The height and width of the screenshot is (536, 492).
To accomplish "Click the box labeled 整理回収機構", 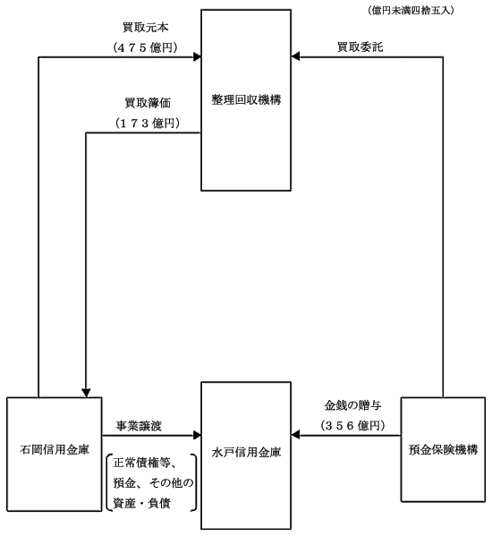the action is (x=246, y=100).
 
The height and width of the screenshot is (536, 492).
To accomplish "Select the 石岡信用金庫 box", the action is (x=55, y=454).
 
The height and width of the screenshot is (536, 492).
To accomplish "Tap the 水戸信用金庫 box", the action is (x=246, y=455).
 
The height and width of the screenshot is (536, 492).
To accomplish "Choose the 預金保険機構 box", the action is (x=443, y=449).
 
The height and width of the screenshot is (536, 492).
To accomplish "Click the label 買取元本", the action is (x=146, y=28).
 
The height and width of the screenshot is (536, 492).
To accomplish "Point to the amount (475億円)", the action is (x=146, y=47).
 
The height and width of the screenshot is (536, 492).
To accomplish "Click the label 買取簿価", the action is (x=148, y=103).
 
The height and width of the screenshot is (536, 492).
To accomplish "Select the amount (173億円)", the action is (x=148, y=123).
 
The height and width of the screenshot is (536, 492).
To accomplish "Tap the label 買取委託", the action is (x=361, y=47).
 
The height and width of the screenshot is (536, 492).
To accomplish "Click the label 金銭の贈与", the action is (x=352, y=405).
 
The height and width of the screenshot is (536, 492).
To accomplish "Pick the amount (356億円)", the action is (x=353, y=426).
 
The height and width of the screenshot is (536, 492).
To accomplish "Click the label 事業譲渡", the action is (x=139, y=426).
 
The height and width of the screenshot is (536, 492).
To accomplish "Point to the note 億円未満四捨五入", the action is (x=411, y=11).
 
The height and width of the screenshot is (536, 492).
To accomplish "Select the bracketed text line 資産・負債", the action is (x=141, y=503).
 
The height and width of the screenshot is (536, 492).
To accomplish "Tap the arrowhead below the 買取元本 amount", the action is (x=197, y=56).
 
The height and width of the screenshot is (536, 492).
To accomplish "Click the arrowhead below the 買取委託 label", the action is (x=295, y=56).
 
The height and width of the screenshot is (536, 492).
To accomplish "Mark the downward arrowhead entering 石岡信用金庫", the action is (x=86, y=393).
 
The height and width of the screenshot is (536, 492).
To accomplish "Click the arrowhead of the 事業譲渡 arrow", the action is (x=197, y=435).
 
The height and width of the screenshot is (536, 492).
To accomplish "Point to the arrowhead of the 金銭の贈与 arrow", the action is (x=295, y=435).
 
